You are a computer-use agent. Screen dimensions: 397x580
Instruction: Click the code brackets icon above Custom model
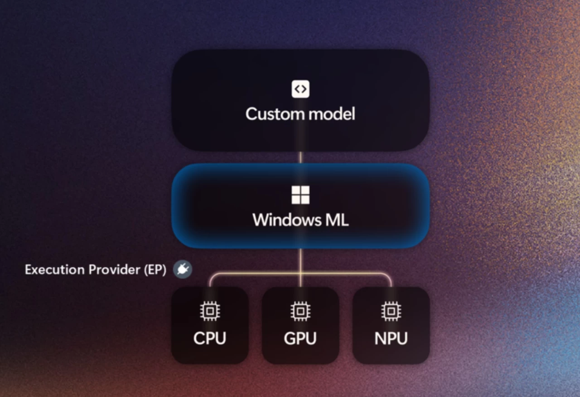click(300, 89)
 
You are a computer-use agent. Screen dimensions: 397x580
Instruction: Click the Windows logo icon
click(300, 195)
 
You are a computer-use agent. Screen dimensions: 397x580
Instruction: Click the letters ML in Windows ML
click(336, 220)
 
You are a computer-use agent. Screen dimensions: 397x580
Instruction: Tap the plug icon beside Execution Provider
click(183, 270)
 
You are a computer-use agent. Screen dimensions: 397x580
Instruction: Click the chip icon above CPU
click(209, 311)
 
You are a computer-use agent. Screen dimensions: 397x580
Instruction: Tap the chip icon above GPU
click(300, 311)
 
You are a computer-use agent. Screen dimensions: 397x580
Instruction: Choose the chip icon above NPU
click(391, 311)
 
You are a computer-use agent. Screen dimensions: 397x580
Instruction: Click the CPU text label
click(209, 338)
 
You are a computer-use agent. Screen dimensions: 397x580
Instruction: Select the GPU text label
click(300, 338)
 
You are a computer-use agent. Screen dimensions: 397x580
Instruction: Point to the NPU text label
click(391, 338)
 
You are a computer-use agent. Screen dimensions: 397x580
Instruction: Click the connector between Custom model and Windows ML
click(300, 157)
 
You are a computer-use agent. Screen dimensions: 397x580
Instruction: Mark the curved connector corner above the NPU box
click(388, 275)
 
